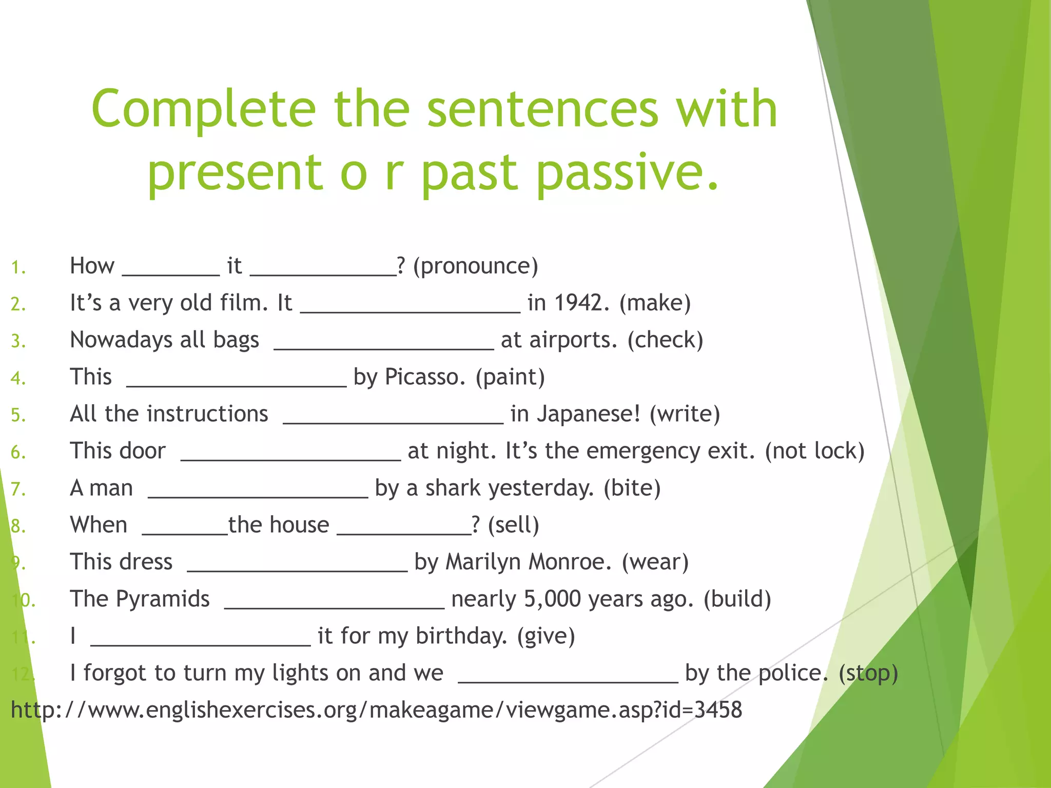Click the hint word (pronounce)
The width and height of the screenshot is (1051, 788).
pyautogui.click(x=475, y=266)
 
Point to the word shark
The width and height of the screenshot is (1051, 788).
pyautogui.click(x=453, y=488)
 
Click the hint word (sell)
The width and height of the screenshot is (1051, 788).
pyautogui.click(x=513, y=525)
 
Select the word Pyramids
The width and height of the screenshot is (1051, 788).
pyautogui.click(x=163, y=599)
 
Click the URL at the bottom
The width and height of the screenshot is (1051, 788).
pyautogui.click(x=376, y=710)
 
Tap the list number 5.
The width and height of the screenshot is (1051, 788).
pyautogui.click(x=18, y=415)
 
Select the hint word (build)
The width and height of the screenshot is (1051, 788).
pyautogui.click(x=737, y=599)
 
